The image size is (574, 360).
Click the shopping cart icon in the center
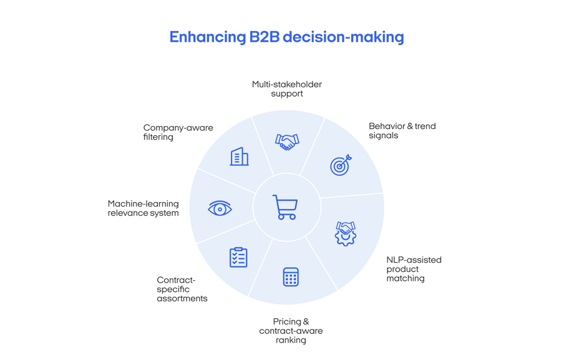(x=285, y=207)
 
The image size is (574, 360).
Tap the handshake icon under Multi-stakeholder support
(x=287, y=142)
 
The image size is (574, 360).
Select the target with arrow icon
(x=340, y=165)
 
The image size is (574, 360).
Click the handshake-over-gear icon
(x=345, y=233)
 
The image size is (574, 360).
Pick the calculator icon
(x=291, y=276)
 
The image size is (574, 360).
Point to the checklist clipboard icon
(x=238, y=257)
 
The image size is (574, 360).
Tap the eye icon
(x=220, y=208)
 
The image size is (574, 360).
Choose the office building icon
(x=239, y=157)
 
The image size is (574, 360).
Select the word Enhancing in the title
(x=207, y=37)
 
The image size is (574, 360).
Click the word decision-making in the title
(x=344, y=37)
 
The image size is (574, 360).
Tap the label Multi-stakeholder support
(x=287, y=89)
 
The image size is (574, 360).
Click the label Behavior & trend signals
(x=402, y=130)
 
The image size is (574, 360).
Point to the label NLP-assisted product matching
(x=413, y=269)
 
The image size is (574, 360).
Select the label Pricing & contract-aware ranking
(x=291, y=331)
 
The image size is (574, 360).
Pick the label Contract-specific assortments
(x=182, y=289)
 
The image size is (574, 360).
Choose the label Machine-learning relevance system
(x=143, y=208)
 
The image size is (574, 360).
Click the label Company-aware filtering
(x=178, y=132)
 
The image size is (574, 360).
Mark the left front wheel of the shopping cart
(x=281, y=216)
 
